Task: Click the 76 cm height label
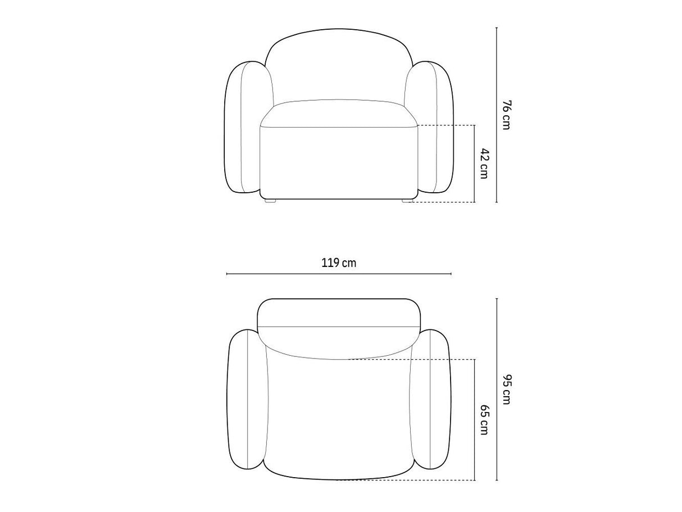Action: pos(506,115)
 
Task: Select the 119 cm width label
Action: pos(339,263)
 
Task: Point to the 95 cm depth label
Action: pos(506,389)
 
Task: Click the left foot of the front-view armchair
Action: pos(270,201)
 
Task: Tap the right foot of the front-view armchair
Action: pos(407,201)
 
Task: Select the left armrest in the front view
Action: pos(245,127)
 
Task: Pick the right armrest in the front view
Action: pos(432,127)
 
